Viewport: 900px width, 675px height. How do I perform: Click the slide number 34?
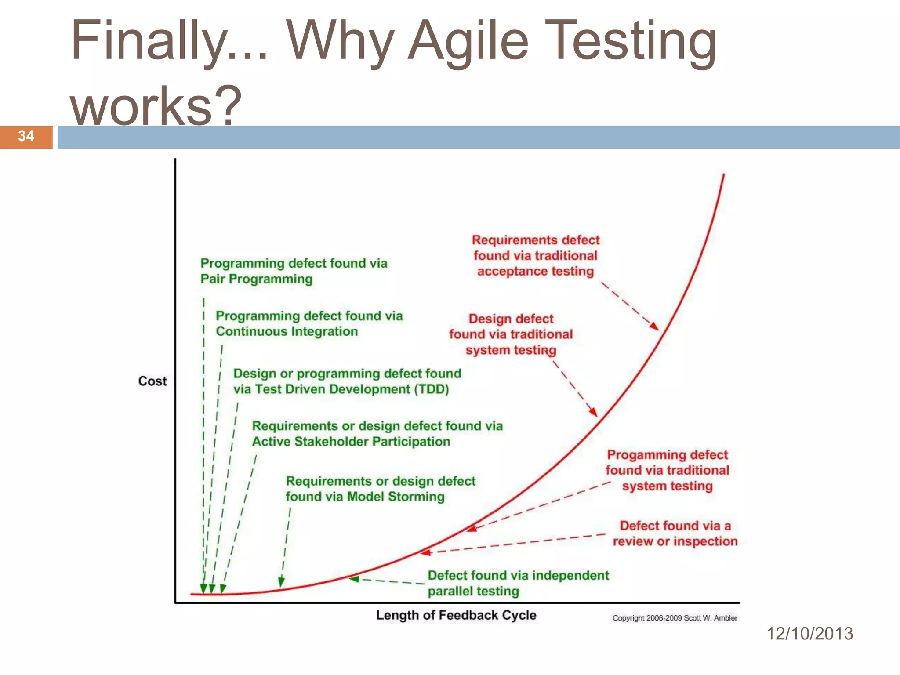click(26, 136)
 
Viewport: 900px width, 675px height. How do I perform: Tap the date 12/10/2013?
click(809, 634)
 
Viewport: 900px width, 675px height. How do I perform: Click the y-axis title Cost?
click(152, 381)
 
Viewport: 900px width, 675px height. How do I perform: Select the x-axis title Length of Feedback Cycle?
click(456, 615)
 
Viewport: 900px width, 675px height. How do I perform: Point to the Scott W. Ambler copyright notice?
click(675, 618)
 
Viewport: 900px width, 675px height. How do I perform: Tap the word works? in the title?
click(156, 105)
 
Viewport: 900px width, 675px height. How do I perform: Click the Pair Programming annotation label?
click(294, 271)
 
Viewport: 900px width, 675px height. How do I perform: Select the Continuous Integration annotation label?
click(309, 323)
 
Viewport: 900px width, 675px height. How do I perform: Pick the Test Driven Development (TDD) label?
click(347, 381)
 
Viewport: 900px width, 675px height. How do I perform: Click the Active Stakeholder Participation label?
click(377, 434)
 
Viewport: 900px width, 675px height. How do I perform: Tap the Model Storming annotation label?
click(380, 489)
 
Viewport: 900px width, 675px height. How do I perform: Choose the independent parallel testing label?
click(518, 583)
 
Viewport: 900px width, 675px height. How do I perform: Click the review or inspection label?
click(675, 533)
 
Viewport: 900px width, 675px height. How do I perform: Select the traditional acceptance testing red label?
click(535, 256)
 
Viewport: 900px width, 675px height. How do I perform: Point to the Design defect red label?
click(511, 334)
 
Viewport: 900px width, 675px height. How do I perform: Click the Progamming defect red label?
click(667, 470)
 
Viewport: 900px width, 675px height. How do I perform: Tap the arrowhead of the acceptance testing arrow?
click(655, 326)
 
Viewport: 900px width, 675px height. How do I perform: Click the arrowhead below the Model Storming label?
click(281, 582)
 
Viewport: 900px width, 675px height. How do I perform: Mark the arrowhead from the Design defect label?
click(594, 412)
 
